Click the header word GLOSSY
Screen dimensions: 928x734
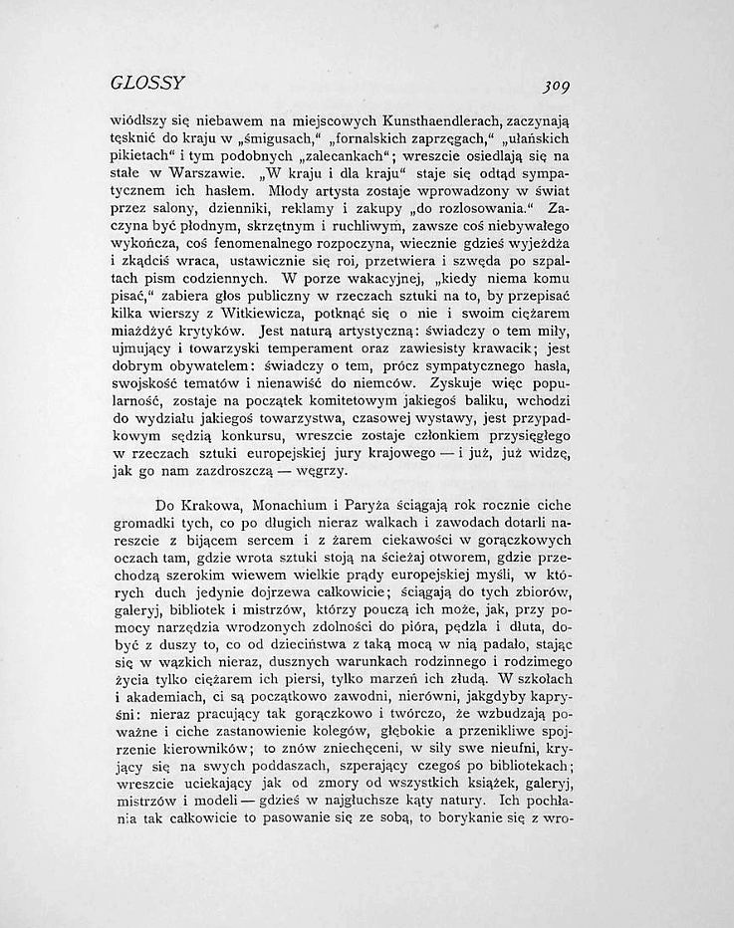[148, 82]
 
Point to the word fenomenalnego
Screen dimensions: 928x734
[274, 225]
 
